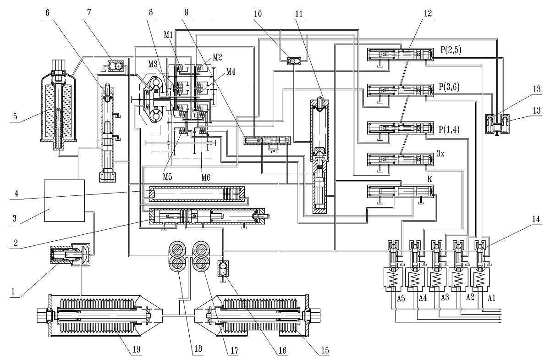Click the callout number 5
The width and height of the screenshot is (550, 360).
coord(15,116)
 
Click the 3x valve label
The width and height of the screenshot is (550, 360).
coord(440,154)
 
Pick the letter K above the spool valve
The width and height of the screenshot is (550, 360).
coord(429,179)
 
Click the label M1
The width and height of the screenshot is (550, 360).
coord(169,35)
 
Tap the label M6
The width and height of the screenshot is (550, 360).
coord(206,177)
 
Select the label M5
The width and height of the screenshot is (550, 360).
coord(168,177)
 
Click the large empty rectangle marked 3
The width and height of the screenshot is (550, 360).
coord(65,200)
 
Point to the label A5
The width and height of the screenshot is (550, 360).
coord(401,299)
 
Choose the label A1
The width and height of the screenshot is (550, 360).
coord(491,299)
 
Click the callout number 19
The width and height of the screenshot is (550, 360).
coord(136,349)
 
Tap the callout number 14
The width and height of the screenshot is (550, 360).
coord(536,219)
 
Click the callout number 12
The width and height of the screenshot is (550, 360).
coord(428,13)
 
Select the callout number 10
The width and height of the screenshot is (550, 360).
coord(258,14)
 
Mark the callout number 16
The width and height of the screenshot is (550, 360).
coord(283,350)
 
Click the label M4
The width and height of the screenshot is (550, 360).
coord(231,72)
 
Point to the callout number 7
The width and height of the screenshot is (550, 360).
coord(89,12)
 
